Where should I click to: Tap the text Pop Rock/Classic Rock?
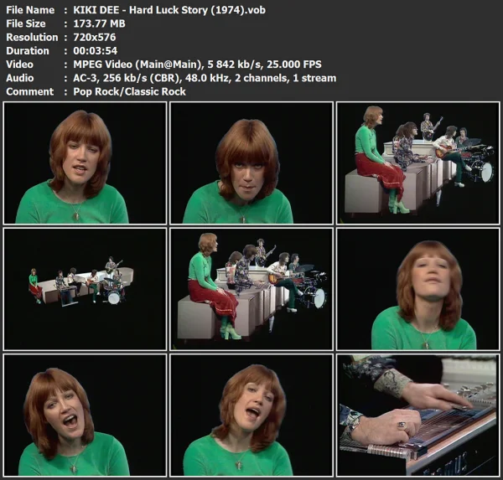coord(125,90)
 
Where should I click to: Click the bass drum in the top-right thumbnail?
coord(481,170)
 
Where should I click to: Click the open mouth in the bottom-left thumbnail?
coord(71,420)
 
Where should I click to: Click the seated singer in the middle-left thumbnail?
coord(34,285)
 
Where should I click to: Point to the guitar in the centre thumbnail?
coord(277,277)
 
